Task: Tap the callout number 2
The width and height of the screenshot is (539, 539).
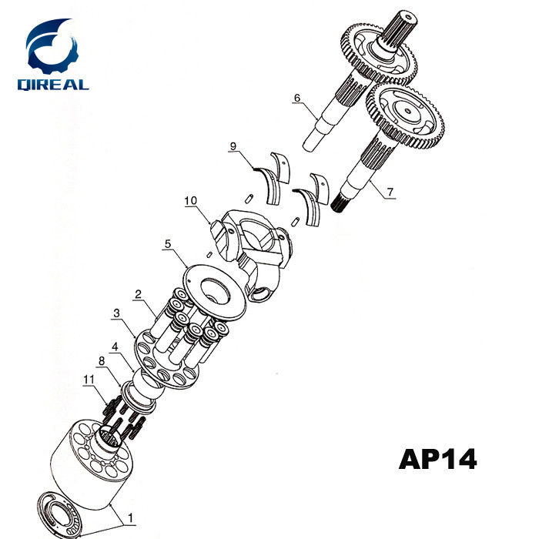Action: pyautogui.click(x=138, y=293)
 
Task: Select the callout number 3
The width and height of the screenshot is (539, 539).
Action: pyautogui.click(x=116, y=313)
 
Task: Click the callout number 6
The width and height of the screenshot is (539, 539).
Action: pyautogui.click(x=295, y=98)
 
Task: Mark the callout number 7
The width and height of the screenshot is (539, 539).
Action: pyautogui.click(x=390, y=192)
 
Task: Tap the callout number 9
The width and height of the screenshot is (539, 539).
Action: pyautogui.click(x=233, y=146)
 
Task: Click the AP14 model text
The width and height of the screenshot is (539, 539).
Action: pyautogui.click(x=437, y=459)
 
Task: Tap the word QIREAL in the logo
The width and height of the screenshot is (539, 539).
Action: pyautogui.click(x=53, y=84)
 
